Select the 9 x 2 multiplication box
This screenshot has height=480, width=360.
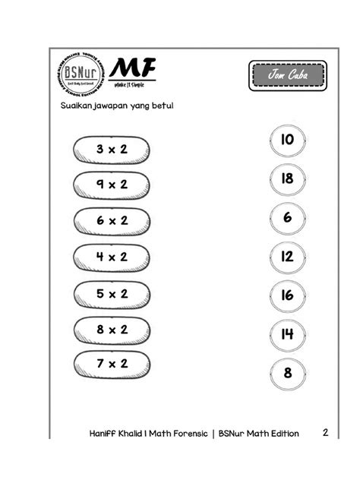pos(112,184)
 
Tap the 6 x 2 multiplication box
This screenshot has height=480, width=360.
pos(112,220)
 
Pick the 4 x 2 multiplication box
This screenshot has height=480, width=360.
pos(112,257)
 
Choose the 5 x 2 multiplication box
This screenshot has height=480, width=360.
pos(112,293)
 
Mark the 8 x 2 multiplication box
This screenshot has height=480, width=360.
pos(112,330)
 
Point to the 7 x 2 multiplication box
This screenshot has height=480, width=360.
pos(112,364)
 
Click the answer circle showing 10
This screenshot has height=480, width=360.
pos(286,140)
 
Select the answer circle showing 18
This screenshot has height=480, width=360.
pos(286,178)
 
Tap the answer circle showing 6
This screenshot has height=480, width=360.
pos(286,217)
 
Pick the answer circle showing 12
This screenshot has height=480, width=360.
pos(286,257)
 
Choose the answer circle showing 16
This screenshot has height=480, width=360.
pos(286,295)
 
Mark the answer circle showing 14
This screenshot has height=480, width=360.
pos(286,333)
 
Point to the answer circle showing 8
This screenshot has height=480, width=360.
pos(286,373)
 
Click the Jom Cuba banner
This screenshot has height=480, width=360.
pos(286,76)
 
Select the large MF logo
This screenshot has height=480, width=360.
pos(132,70)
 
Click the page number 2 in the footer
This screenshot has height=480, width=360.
pos(325,433)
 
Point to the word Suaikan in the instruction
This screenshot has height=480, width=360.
pos(77,106)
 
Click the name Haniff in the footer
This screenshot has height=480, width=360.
pos(103,434)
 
